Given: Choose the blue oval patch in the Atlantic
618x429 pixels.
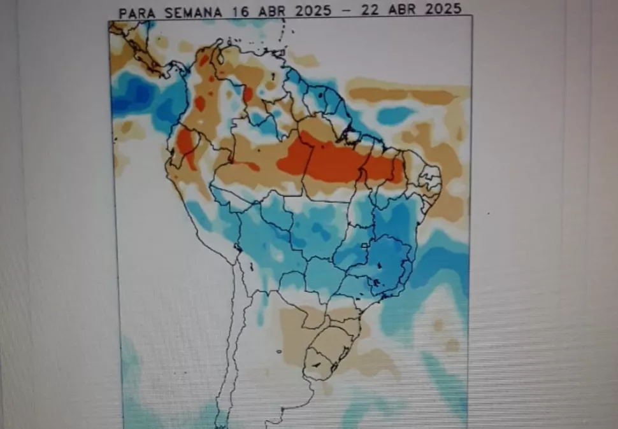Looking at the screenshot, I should [x=395, y=115].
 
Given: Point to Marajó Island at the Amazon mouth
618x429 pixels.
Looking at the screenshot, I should [x=350, y=134].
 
